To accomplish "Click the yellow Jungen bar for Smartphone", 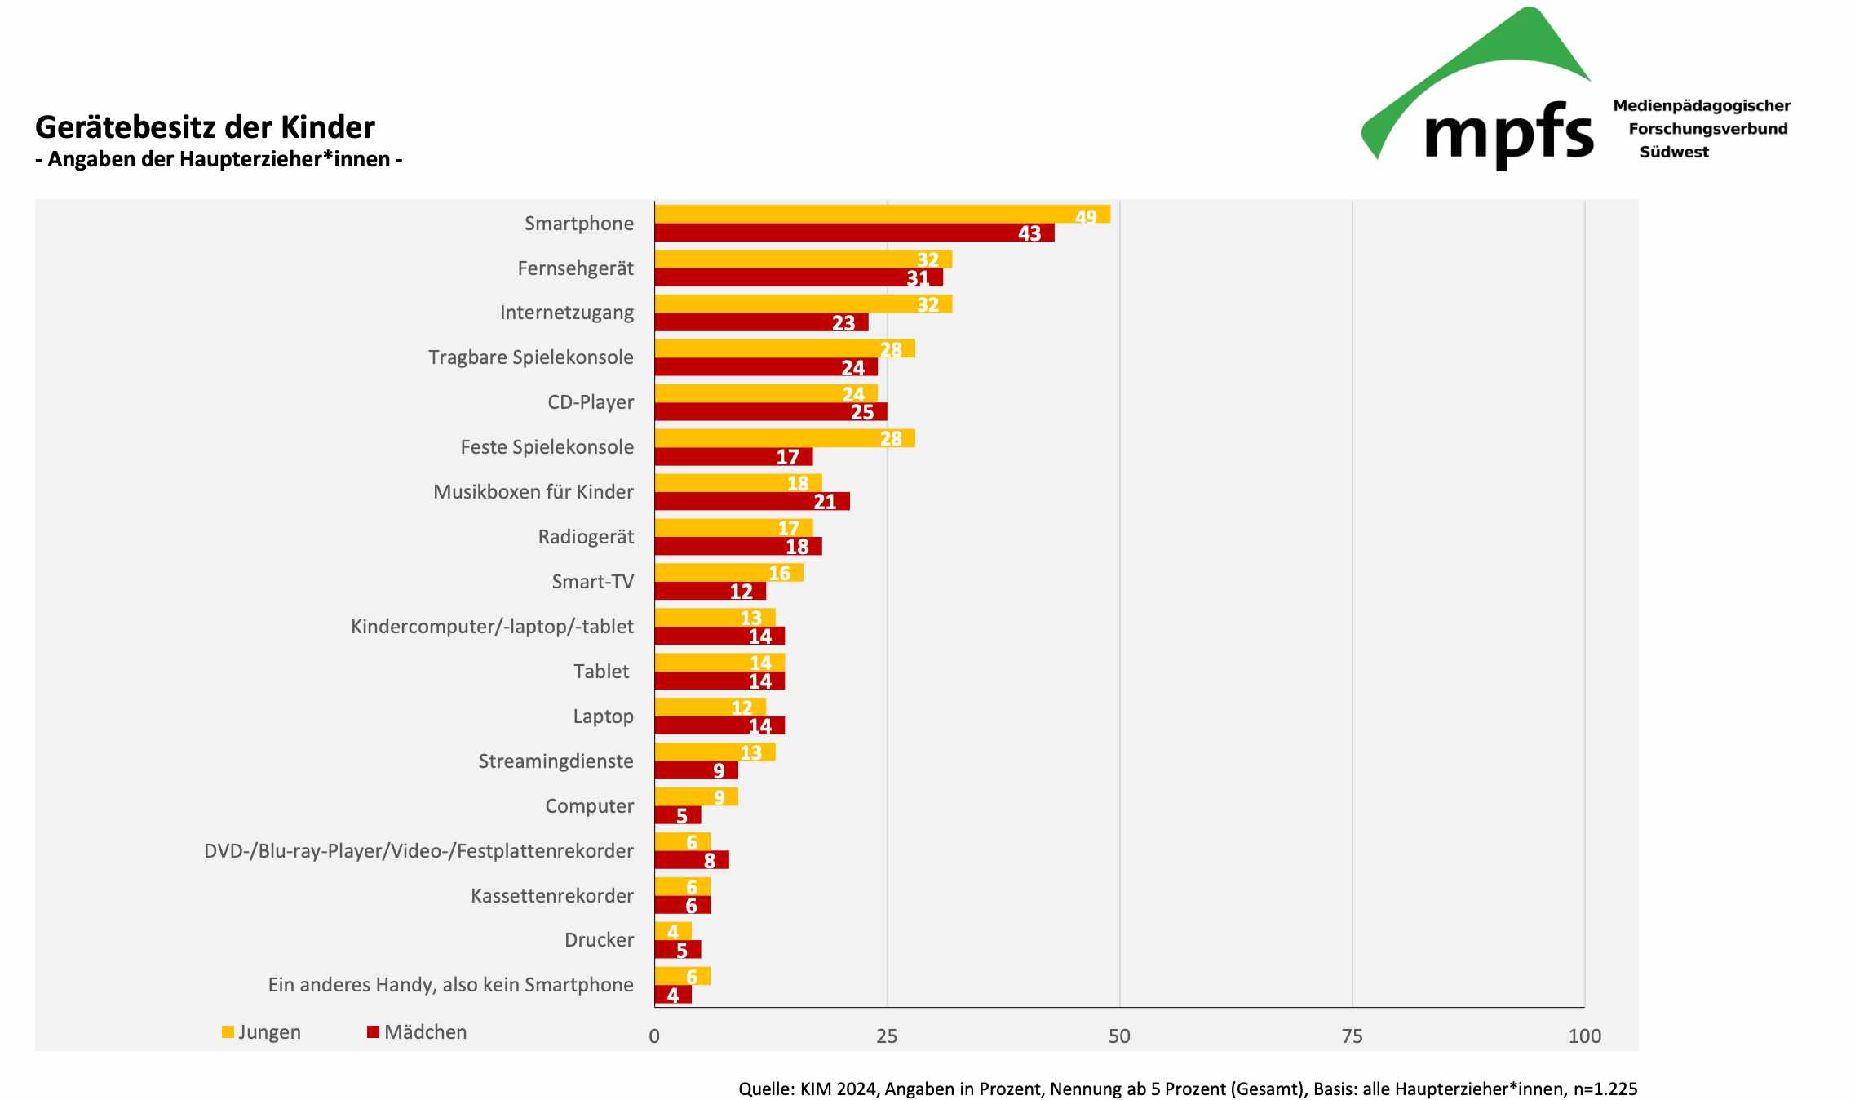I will click(881, 214).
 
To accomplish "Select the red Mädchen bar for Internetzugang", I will click(761, 322).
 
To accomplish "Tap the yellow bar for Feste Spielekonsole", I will click(784, 438).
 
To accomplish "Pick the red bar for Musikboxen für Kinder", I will click(751, 501).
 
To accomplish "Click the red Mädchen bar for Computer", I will click(677, 815).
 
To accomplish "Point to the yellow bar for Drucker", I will click(673, 931).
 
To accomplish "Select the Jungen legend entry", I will click(261, 1032).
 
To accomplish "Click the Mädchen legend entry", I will click(417, 1032).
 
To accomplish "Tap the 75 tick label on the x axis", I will click(1352, 1036).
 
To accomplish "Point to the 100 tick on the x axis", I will click(1584, 1036).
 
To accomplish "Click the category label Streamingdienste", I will click(556, 761).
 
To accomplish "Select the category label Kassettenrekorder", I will click(551, 896).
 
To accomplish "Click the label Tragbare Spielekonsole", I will click(530, 357).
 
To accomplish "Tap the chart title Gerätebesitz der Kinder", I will click(205, 127).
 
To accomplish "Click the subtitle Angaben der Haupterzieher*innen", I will click(219, 159).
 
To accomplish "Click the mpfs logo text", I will click(1508, 135).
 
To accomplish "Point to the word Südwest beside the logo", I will click(1674, 153).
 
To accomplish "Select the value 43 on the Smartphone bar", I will click(1029, 233).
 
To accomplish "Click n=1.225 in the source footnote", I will click(1605, 1089).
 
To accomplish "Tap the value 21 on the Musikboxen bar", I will click(825, 502).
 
